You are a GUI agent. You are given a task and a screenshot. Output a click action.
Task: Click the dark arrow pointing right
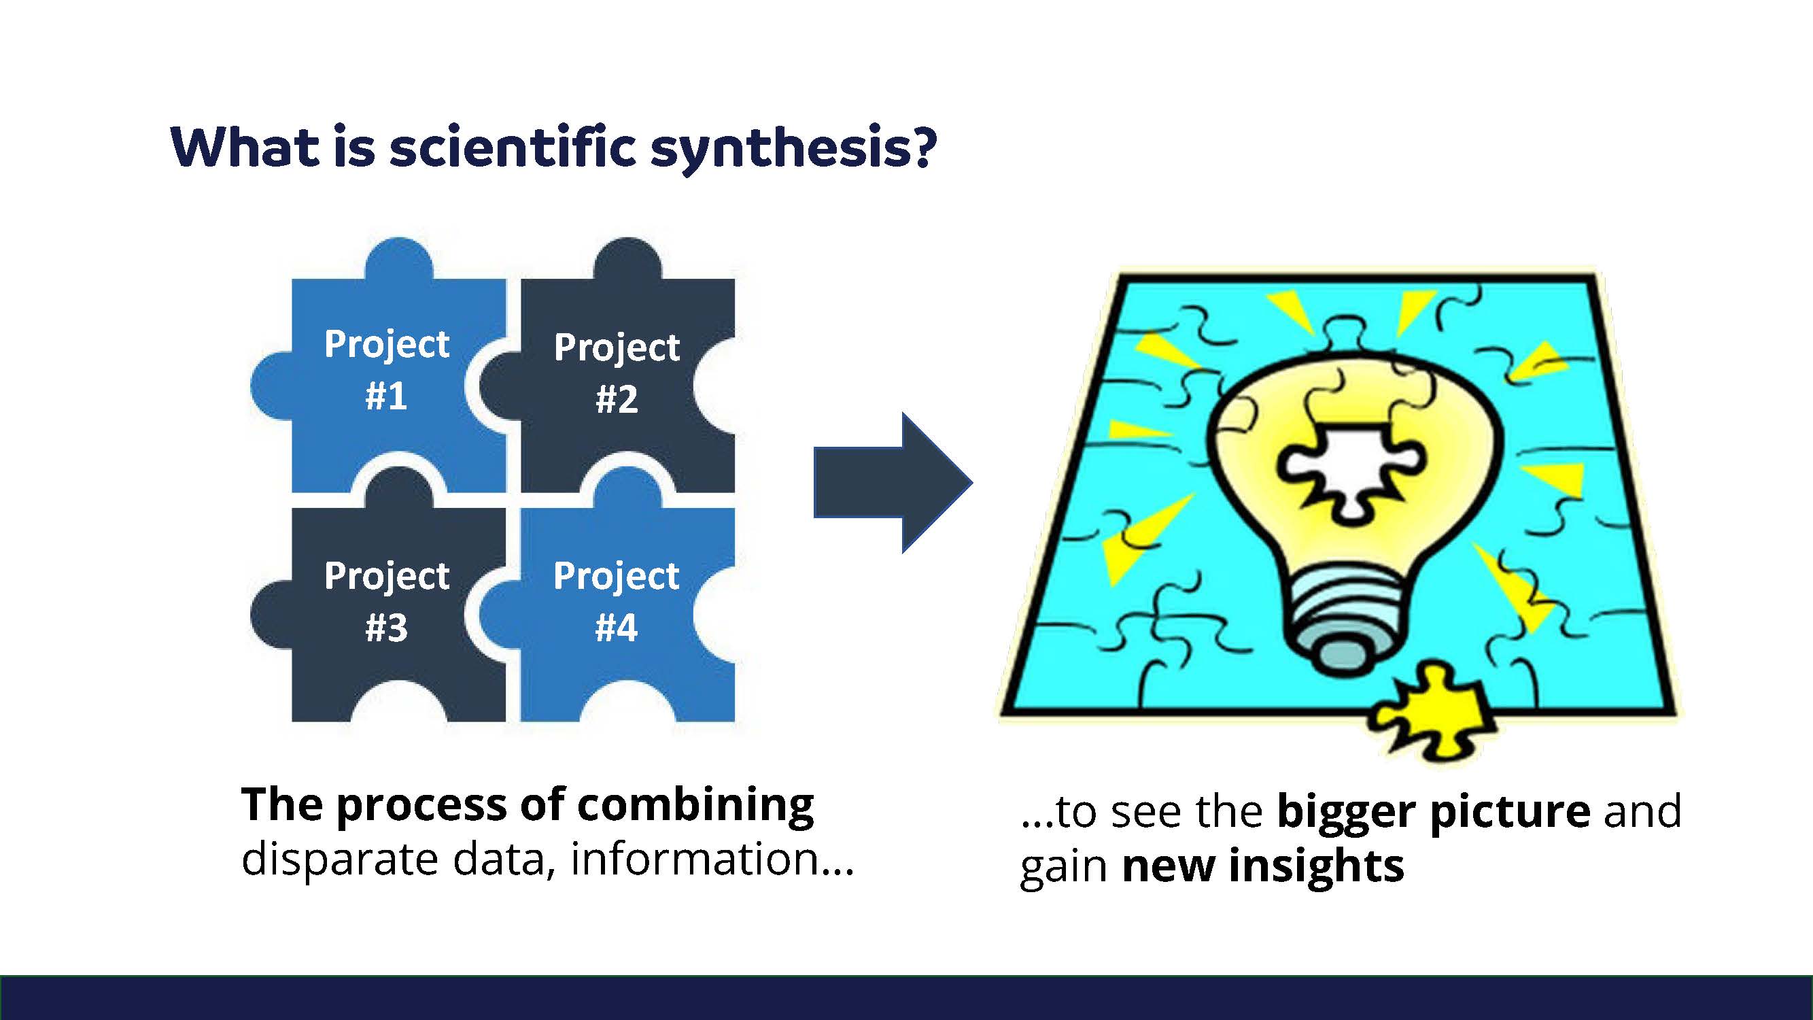893,483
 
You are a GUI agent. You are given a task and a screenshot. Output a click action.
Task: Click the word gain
1064,868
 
